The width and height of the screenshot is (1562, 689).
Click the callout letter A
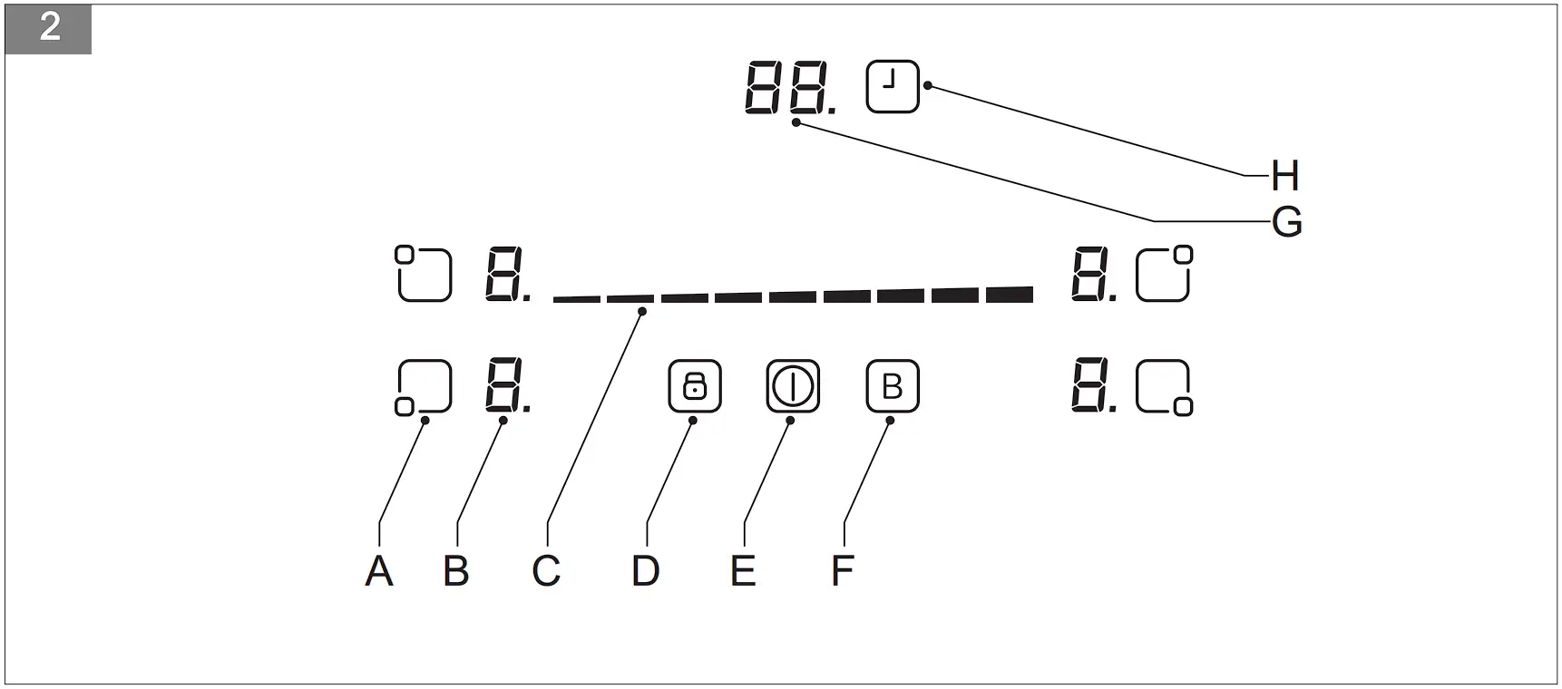tap(379, 571)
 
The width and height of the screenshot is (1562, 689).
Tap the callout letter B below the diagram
tap(456, 571)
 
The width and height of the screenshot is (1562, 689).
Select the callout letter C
tap(546, 571)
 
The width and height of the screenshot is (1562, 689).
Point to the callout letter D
tap(645, 571)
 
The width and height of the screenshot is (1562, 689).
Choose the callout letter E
tap(743, 571)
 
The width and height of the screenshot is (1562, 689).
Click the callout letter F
tap(842, 571)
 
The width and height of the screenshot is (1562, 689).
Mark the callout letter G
tap(1287, 222)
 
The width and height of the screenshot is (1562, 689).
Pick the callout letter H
tap(1284, 176)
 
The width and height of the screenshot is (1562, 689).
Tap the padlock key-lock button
tap(694, 386)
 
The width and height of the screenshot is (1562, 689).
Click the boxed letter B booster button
tap(892, 386)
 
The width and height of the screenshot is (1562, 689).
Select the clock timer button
tap(893, 86)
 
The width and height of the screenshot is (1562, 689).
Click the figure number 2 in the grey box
tap(49, 28)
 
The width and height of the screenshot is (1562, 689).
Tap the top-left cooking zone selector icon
tap(424, 273)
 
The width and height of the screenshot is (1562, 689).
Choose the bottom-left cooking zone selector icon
tap(424, 388)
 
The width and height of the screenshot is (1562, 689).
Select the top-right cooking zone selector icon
tap(1165, 273)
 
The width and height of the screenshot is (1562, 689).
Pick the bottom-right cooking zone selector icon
tap(1165, 388)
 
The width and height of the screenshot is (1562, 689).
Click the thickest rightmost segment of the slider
tap(1009, 294)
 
